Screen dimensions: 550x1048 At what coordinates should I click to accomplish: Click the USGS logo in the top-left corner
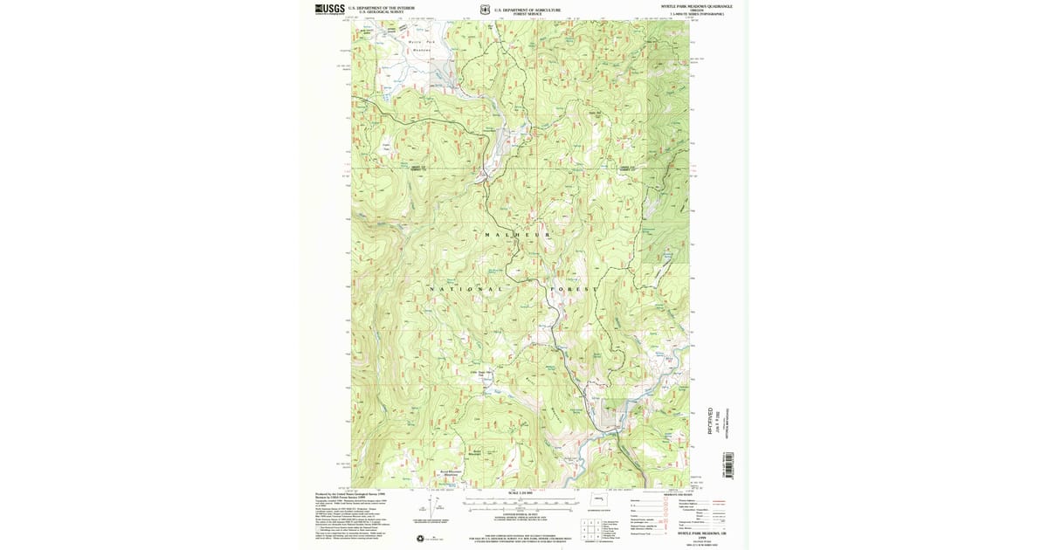[329, 9]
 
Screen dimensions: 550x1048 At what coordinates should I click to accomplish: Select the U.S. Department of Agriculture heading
[527, 9]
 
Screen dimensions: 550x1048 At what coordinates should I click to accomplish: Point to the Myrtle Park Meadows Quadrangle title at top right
[696, 6]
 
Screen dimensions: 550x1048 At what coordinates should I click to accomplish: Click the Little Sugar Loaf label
[483, 374]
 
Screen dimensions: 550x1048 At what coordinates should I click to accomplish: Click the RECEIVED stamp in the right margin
[710, 420]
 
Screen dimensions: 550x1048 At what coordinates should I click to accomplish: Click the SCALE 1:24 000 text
[520, 494]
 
